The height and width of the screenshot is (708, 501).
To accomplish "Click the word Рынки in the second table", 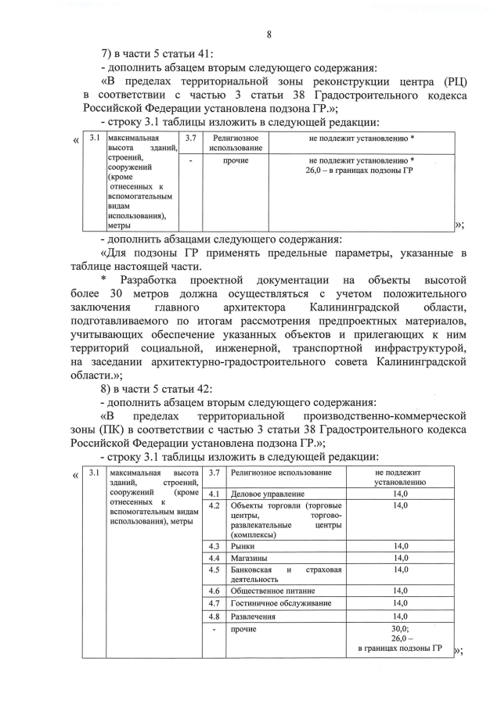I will [x=243, y=545].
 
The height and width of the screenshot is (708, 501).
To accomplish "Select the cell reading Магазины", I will [x=249, y=558].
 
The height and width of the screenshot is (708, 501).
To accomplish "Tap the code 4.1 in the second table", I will [x=212, y=494].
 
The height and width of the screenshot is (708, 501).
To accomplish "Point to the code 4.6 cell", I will [x=212, y=591].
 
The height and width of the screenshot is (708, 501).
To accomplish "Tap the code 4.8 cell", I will [x=212, y=616].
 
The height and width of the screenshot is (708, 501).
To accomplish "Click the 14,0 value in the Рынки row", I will [x=400, y=545].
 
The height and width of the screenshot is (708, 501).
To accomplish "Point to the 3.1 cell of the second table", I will [x=93, y=473].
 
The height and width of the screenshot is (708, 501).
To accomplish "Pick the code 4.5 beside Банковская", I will [x=212, y=570].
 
